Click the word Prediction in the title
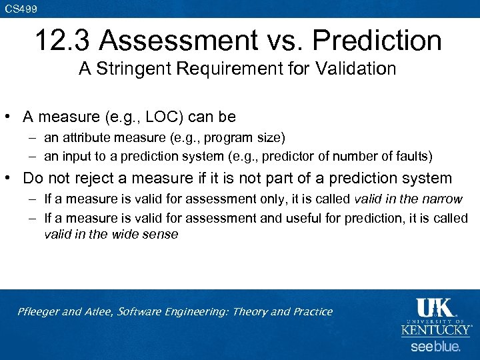tap(377, 41)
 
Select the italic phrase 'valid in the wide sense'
tap(111, 234)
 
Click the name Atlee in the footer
tap(99, 312)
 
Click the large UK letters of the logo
tap(435, 309)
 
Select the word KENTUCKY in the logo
tap(435, 329)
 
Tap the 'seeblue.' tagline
tap(435, 347)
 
